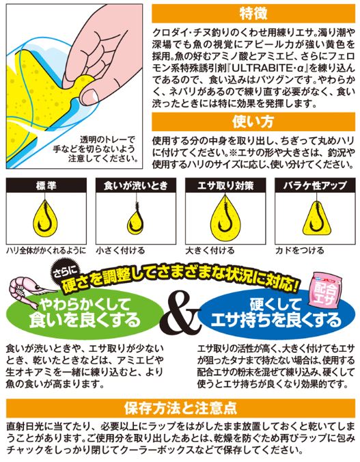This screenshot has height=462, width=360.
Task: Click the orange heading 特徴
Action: click(x=253, y=14)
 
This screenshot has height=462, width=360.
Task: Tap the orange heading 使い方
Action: click(x=253, y=122)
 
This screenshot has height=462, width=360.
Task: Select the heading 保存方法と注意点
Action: click(x=180, y=408)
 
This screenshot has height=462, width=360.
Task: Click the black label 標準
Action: click(x=46, y=185)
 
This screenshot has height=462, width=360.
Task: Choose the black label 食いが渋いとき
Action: click(x=136, y=185)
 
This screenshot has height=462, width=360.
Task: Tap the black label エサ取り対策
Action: click(x=225, y=185)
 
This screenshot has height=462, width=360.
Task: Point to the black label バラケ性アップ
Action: click(x=315, y=185)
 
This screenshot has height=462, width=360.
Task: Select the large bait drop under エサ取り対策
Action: click(x=225, y=218)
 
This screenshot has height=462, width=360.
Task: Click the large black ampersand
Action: click(x=180, y=314)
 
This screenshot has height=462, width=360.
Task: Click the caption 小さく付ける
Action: click(x=120, y=250)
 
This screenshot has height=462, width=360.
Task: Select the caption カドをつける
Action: click(x=300, y=250)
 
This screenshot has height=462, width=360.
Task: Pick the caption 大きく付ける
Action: click(x=210, y=250)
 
